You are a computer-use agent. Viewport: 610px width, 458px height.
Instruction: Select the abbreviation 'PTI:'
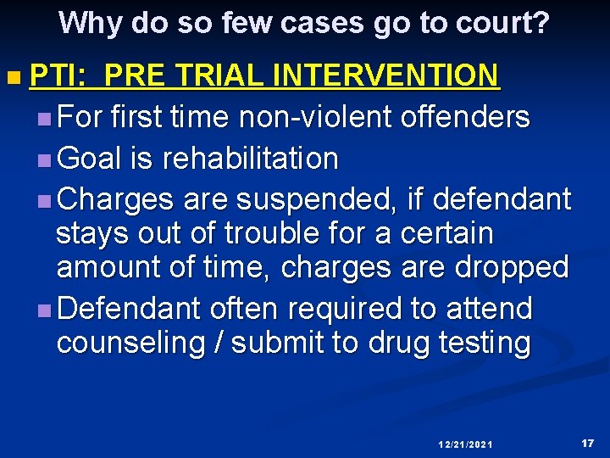click(58, 76)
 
